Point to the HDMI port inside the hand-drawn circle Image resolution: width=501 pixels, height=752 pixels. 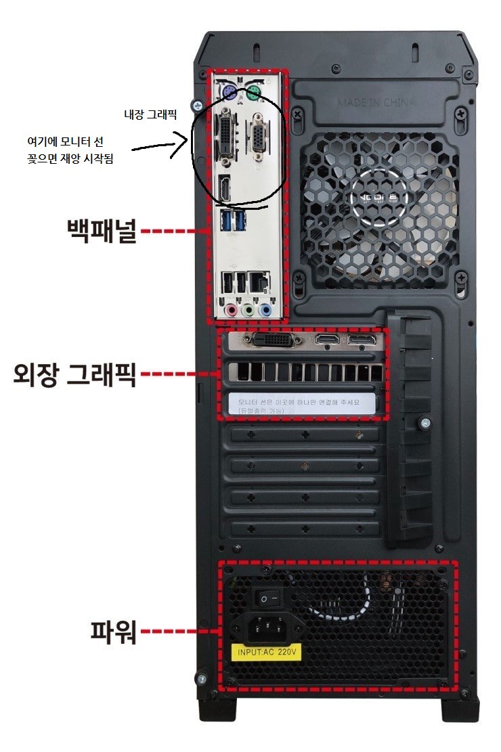pos(224,189)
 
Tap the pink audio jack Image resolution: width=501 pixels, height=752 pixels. pos(232,309)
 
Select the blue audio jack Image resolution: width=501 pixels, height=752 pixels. pos(265,309)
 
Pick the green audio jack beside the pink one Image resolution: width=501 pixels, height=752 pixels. pos(248,309)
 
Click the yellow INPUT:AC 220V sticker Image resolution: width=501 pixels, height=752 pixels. pos(266,654)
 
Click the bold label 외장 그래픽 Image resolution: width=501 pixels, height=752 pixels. pos(74,374)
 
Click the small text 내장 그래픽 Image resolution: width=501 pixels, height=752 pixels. pos(150,115)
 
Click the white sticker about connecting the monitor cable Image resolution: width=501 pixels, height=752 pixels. pos(302,404)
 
